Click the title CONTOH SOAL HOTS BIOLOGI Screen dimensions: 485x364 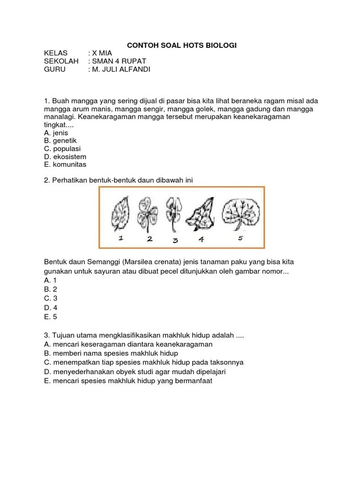point(182,45)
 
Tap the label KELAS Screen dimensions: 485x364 point(56,53)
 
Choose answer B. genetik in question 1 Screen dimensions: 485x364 point(60,141)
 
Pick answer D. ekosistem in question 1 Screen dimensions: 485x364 point(65,157)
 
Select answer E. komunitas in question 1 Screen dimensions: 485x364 point(65,165)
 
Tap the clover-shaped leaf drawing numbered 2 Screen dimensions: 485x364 point(147,213)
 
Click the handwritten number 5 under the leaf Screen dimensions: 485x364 point(240,238)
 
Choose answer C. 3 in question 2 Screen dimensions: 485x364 point(51,298)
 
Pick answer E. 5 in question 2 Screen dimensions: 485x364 point(51,317)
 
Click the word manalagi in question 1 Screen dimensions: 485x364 point(60,117)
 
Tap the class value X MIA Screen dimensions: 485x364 point(102,53)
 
